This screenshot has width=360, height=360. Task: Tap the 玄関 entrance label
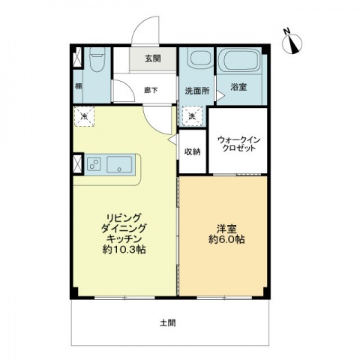(153, 60)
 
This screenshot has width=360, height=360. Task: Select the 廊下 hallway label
(151, 90)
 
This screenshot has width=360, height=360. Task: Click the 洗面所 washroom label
(196, 91)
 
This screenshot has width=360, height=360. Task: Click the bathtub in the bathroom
(239, 61)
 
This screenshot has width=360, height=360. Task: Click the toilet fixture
(96, 59)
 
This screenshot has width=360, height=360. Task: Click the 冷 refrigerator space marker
(85, 116)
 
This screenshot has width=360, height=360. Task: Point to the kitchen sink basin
(119, 164)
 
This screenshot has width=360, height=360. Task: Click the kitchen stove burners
(94, 164)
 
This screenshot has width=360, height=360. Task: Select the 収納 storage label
(192, 151)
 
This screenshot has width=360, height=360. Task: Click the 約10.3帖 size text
(124, 250)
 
